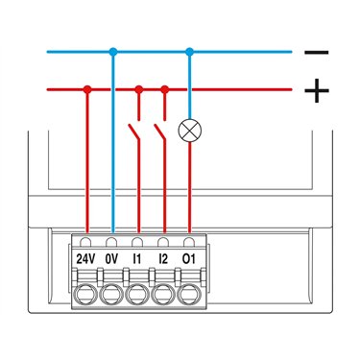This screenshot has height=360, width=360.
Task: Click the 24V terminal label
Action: pos(85,259)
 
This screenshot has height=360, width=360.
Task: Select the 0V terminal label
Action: pos(111,259)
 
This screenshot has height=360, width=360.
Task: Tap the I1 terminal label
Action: pos(137,259)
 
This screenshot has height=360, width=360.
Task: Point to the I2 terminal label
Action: pos(163,259)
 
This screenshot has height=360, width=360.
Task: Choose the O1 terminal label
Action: pos(188,259)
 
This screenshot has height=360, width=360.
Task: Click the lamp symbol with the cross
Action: pos(190,131)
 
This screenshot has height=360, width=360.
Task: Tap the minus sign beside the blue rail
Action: pos(316,52)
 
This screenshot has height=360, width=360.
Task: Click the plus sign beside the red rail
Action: pos(317,90)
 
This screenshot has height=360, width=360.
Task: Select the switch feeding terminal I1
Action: pos(134,132)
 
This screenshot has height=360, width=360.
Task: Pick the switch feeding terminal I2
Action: pos(159,132)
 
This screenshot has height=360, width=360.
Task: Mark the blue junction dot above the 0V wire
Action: pos(112,52)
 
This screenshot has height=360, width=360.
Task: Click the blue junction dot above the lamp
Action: pos(190,52)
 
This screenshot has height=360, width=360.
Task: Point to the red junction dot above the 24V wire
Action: pos(87,89)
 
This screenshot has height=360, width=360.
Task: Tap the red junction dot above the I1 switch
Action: pos(138,89)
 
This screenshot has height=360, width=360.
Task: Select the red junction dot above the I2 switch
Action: pos(164,89)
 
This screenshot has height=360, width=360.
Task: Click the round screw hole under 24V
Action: pos(84,294)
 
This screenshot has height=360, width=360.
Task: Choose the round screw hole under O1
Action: pos(188,294)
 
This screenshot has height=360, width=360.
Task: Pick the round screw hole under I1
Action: pos(136,294)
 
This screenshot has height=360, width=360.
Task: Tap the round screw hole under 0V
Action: pos(110,294)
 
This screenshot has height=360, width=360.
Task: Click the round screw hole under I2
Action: pos(162,294)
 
